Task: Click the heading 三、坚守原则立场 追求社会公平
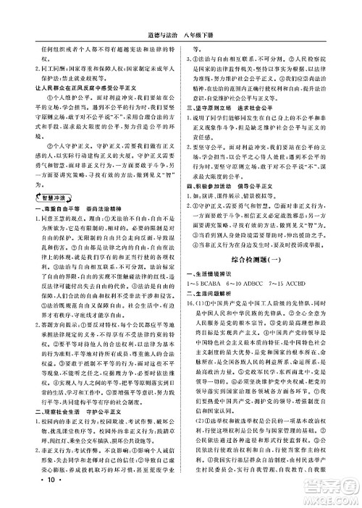point(235,127)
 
